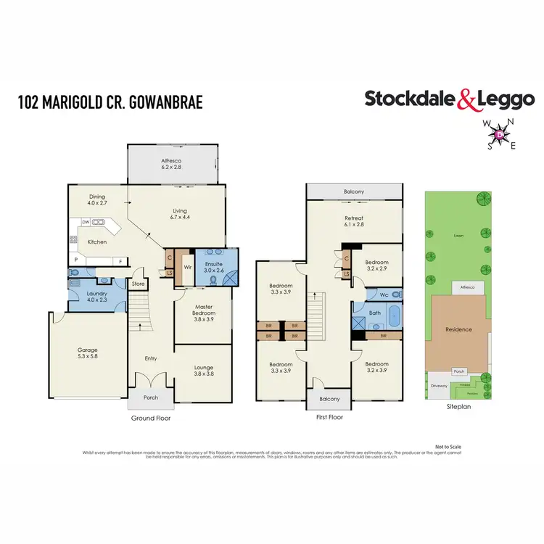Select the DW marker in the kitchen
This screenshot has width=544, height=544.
[85, 223]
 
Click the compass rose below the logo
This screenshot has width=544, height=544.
[500, 134]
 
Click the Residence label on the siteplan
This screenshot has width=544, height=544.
[458, 329]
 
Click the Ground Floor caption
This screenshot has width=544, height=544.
[150, 419]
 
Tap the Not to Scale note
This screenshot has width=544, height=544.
[448, 446]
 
